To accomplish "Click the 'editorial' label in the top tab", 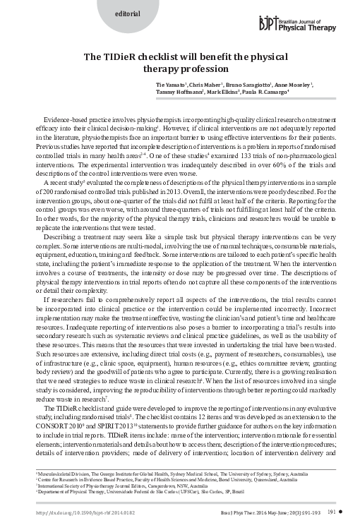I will (108, 14).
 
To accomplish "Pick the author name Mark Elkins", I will (222, 92).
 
